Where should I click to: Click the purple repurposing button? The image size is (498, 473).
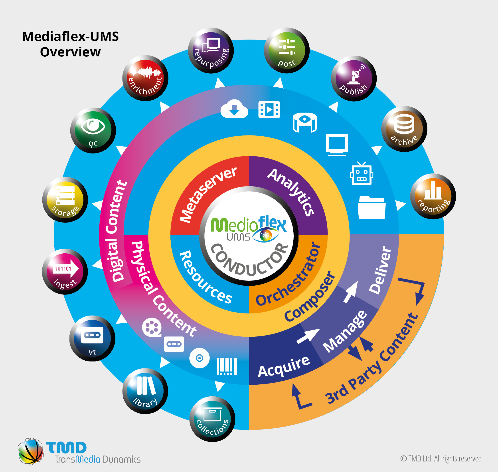point(211,51)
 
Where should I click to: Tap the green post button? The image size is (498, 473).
point(287,51)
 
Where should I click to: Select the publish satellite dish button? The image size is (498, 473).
point(354,78)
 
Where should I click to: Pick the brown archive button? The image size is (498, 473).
point(404,129)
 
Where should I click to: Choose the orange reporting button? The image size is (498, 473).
point(433,196)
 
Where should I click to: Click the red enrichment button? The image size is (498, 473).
point(145,78)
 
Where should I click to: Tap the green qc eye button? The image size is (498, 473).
point(93,130)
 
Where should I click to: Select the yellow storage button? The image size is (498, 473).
point(65,200)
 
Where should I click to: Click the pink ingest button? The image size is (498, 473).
point(65,272)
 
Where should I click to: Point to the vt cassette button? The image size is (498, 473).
point(92,338)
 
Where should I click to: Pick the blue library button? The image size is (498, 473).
point(145,391)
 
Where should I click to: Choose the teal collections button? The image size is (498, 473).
point(212,419)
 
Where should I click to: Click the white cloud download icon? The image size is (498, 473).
point(234,109)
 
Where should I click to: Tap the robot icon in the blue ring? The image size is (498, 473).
point(361,174)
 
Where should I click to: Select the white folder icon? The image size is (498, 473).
point(372,208)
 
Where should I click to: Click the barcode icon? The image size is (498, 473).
point(227,366)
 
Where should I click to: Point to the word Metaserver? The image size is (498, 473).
point(208,194)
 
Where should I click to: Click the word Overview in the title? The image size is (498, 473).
point(70,52)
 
